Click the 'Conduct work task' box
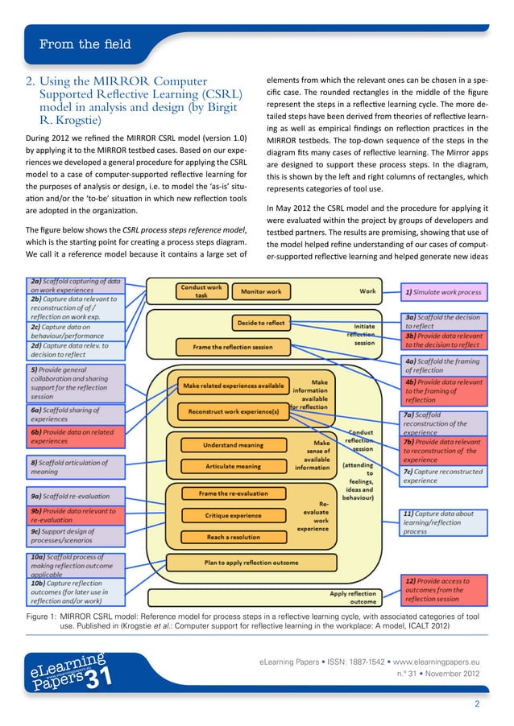point(201,291)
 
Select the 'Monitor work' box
point(261,291)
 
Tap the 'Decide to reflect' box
point(260,323)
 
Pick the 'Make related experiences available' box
point(233,386)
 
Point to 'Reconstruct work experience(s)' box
point(233,411)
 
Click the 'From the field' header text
point(85,45)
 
